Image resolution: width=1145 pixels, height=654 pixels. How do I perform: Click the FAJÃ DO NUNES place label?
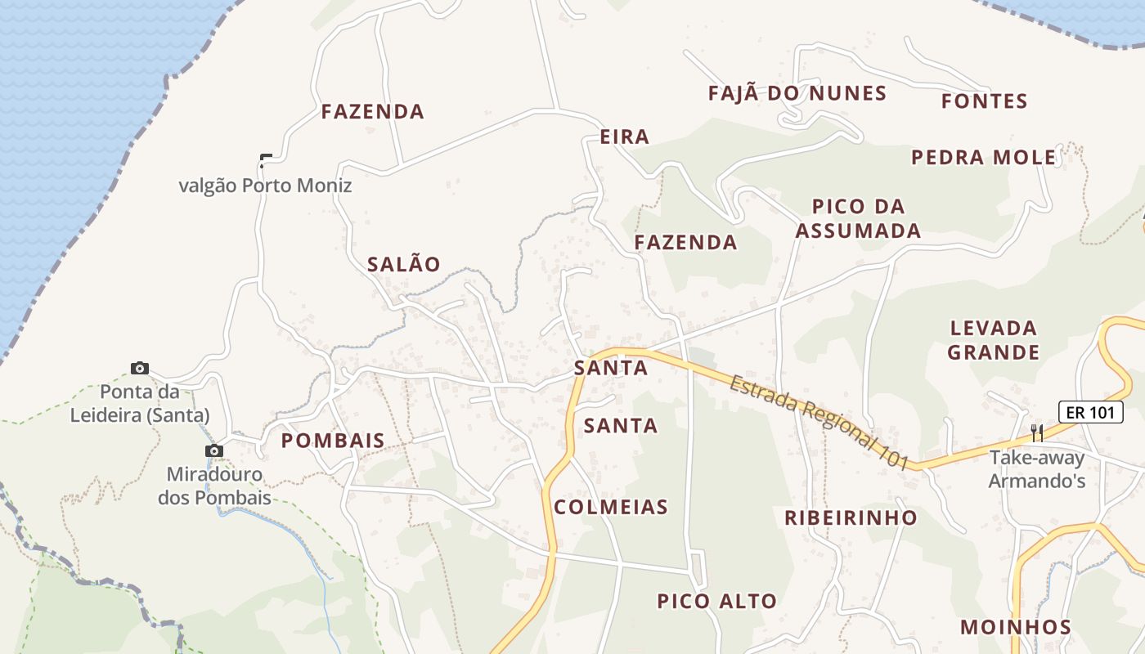pos(797,93)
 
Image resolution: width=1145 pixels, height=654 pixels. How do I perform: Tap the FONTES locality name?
pos(984,101)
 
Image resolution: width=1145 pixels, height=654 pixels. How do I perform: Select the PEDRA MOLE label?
pos(984,157)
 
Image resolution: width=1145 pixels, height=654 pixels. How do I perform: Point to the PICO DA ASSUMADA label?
pos(858,218)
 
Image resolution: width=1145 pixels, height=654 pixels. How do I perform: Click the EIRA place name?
pos(625,137)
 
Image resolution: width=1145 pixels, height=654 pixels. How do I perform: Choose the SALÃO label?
pos(404,264)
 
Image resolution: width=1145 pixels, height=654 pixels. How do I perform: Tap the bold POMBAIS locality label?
pos(333,441)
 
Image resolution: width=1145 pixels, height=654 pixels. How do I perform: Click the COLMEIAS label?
pos(611,507)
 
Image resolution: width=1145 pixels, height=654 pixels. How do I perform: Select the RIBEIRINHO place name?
pos(851,517)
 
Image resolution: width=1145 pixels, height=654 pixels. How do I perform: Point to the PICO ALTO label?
pos(717,602)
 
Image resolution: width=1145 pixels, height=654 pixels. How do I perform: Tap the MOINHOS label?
pos(1016,627)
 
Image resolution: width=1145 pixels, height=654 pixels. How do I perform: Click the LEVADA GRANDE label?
pos(994,340)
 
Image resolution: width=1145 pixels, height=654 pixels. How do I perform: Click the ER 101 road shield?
pos(1090,412)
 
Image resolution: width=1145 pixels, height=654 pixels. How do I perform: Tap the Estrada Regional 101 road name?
pos(819,421)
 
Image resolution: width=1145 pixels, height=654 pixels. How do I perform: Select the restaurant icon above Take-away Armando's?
pos(1036,432)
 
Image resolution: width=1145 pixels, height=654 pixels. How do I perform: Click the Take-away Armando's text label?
pos(1036,469)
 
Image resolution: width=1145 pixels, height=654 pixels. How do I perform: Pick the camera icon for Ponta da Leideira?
pos(140,368)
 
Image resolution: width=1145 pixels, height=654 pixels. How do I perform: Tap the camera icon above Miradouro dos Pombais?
pos(213,450)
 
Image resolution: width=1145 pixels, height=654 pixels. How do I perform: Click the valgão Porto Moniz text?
pos(265,186)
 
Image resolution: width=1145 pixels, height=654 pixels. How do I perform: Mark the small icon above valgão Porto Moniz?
pos(265,159)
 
